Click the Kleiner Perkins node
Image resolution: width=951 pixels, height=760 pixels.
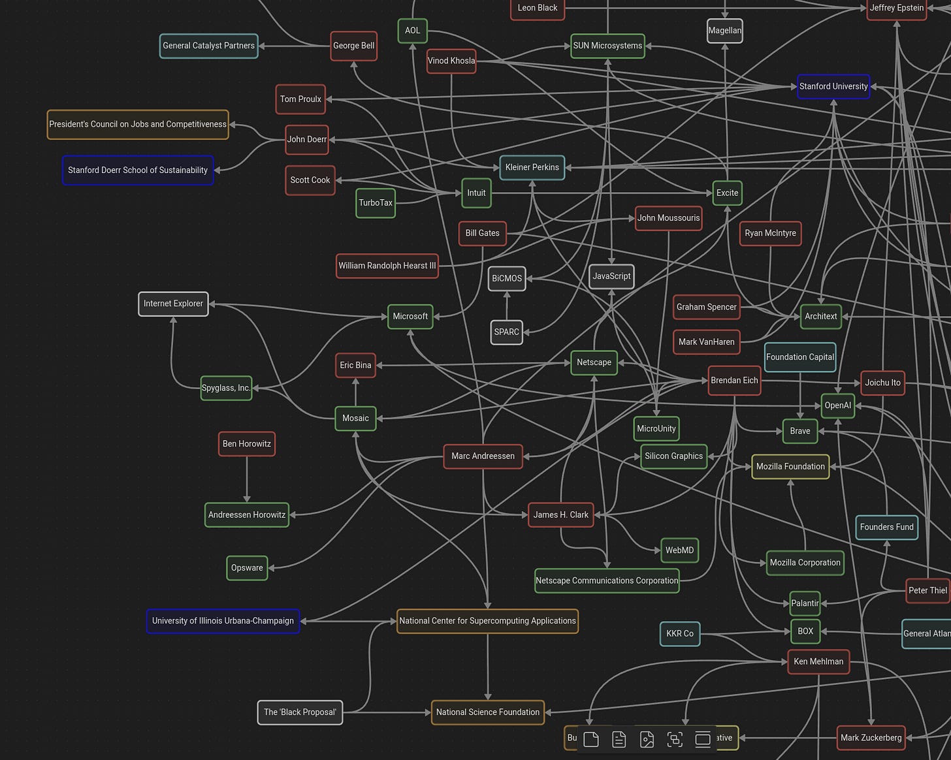pyautogui.click(x=532, y=167)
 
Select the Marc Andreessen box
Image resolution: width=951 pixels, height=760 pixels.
pyautogui.click(x=483, y=456)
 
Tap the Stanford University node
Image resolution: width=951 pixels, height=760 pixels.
pyautogui.click(x=833, y=86)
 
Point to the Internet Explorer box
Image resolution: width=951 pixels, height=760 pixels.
pyautogui.click(x=173, y=304)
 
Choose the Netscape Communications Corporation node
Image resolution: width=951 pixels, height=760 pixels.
pyautogui.click(x=607, y=580)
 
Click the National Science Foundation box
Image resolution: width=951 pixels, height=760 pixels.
pyautogui.click(x=487, y=712)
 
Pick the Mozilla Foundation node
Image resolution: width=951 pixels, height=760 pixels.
pyautogui.click(x=790, y=466)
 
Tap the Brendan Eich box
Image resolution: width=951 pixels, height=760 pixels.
pyautogui.click(x=734, y=380)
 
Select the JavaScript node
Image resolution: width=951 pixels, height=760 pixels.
pyautogui.click(x=611, y=276)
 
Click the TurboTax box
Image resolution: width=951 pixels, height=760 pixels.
pyautogui.click(x=376, y=203)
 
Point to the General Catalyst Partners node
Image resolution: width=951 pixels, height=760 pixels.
pyautogui.click(x=208, y=46)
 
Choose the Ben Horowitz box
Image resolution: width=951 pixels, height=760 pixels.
pyautogui.click(x=246, y=444)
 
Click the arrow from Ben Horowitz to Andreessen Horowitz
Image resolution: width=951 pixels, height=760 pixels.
pyautogui.click(x=247, y=480)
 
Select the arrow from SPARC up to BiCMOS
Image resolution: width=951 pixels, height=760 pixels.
pyautogui.click(x=507, y=306)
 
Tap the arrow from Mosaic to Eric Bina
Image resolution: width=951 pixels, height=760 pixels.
pyautogui.click(x=355, y=392)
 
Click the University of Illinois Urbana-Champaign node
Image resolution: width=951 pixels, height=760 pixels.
pyautogui.click(x=223, y=621)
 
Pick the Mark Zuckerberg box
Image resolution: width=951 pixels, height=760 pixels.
pyautogui.click(x=871, y=738)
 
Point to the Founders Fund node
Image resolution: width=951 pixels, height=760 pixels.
pyautogui.click(x=886, y=527)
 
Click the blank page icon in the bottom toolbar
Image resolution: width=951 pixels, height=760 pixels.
pyautogui.click(x=591, y=739)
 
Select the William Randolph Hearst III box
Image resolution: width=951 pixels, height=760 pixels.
pyautogui.click(x=387, y=266)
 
